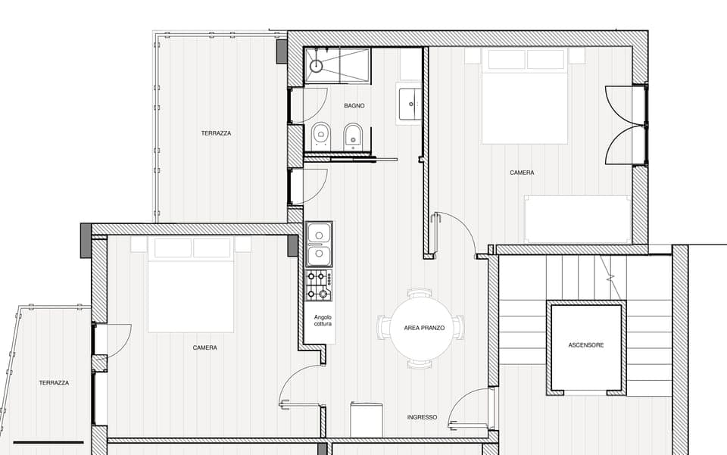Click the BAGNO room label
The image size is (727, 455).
tap(354, 106)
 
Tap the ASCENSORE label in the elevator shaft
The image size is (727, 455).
tap(586, 345)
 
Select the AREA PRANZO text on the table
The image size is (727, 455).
tap(423, 329)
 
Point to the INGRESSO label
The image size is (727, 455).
tap(422, 417)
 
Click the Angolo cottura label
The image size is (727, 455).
tap(323, 321)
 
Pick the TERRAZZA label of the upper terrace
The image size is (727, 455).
tap(216, 133)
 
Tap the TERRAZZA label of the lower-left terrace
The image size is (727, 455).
tap(54, 383)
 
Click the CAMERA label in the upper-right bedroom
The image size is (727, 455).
tap(522, 173)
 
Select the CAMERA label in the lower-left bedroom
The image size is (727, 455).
tap(204, 347)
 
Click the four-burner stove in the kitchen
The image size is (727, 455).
tap(318, 285)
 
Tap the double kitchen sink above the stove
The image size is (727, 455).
tap(318, 245)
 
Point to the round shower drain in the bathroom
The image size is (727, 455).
tap(317, 66)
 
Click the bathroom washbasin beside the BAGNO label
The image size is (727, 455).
tap(410, 104)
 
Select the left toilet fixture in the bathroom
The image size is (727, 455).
tap(321, 136)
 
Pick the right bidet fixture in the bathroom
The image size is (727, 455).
tap(353, 136)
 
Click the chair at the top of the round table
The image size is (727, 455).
tap(419, 294)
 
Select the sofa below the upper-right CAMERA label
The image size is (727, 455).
tap(578, 220)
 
